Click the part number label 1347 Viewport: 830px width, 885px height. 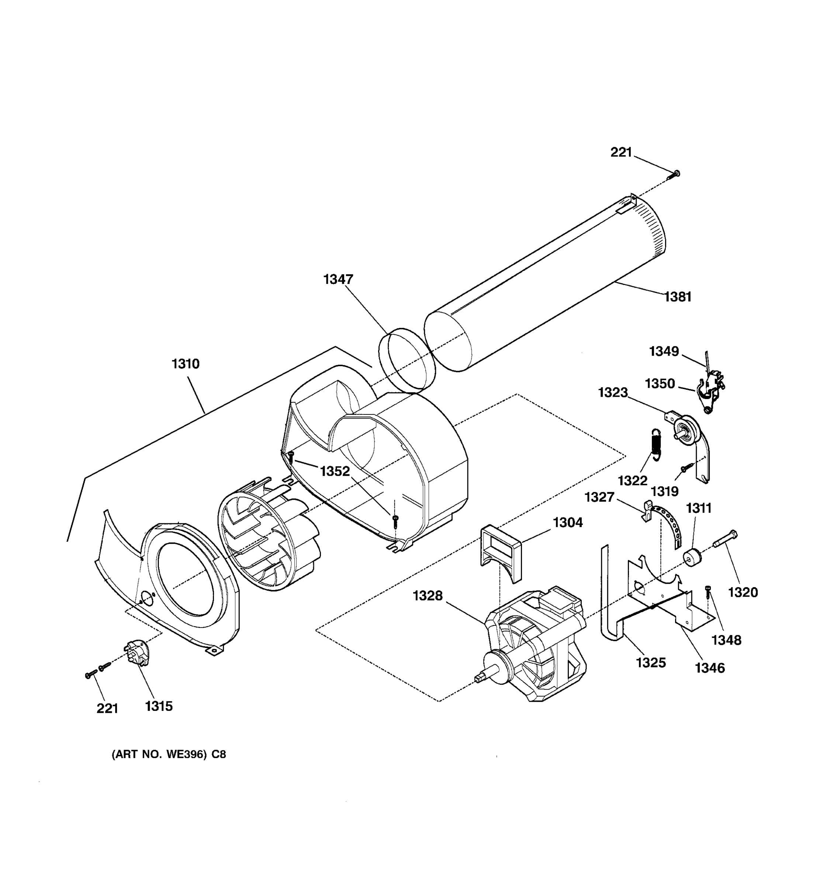tap(338, 280)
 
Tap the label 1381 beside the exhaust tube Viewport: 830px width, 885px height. tap(678, 297)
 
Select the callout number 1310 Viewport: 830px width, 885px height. tap(186, 364)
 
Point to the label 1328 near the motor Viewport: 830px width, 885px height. tap(428, 596)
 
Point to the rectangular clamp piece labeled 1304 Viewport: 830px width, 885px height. tap(501, 552)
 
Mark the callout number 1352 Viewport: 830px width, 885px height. tap(335, 471)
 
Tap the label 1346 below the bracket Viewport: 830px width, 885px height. tap(710, 668)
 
